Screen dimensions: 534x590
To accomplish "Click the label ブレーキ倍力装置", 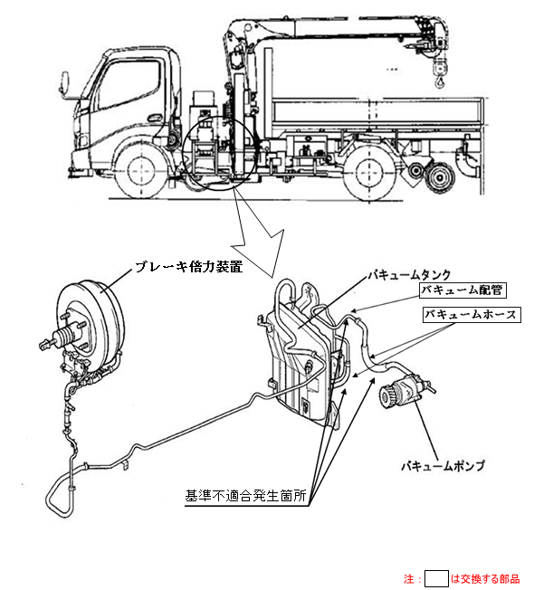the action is coord(189,267).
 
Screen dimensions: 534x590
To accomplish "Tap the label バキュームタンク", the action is coord(409,275).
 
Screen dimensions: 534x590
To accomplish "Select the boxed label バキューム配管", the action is coord(462,290).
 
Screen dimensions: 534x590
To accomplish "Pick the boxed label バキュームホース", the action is coord(472,315).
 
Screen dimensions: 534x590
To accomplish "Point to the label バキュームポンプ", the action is coord(443,466).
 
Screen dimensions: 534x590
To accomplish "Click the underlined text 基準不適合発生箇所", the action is coord(245,496).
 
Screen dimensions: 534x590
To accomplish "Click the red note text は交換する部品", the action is coord(485,578).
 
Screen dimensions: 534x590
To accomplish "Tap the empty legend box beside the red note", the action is coord(436,578).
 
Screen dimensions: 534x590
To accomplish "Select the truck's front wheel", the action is coord(141,172).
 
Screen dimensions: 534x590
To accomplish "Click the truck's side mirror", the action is coord(65,82).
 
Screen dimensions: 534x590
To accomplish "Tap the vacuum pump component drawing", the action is coord(405,390).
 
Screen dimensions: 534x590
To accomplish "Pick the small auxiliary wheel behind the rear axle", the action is coord(439,176).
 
